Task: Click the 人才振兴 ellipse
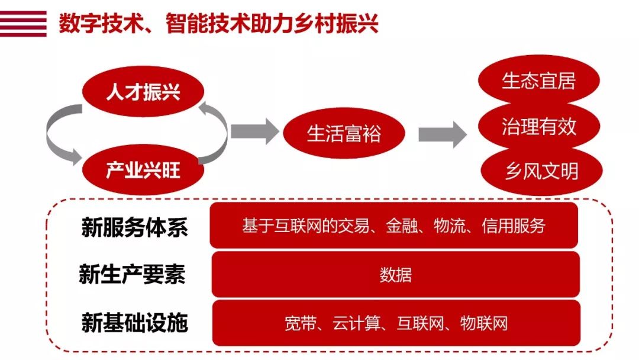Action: coord(143,91)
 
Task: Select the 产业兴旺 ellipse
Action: coord(143,169)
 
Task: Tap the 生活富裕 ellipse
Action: coord(344,133)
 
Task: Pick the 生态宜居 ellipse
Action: coord(539,81)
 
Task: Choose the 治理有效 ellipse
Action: coord(539,126)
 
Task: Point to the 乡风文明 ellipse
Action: coord(541,171)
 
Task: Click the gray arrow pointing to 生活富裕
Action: coord(255,131)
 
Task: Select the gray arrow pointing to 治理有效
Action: coord(443,134)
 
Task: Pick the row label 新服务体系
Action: coord(134,227)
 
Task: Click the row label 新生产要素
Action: coord(133,274)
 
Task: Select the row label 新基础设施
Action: coord(134,323)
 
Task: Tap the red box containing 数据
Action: coord(396,274)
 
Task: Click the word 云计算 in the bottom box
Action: coord(356,324)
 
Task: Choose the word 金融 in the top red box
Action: coord(402,226)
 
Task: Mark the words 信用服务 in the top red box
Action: coord(514,226)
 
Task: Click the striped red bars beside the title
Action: coord(23,24)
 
